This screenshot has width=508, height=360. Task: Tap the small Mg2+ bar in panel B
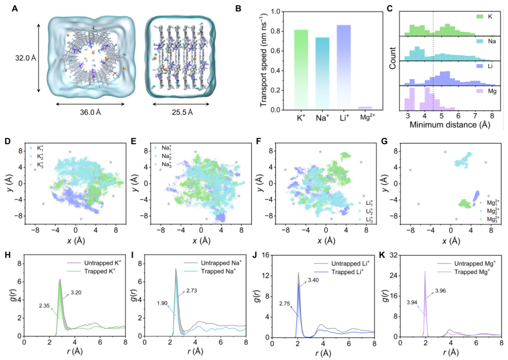(365, 108)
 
